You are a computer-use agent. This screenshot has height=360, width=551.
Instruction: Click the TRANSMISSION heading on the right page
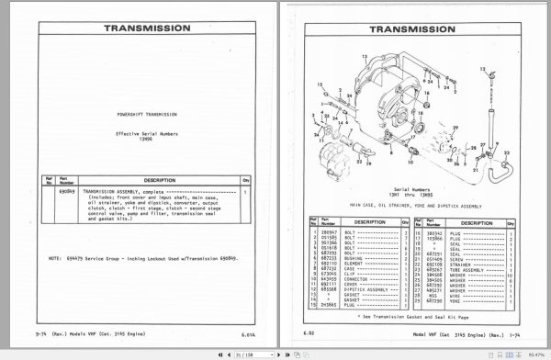[x=410, y=28]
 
